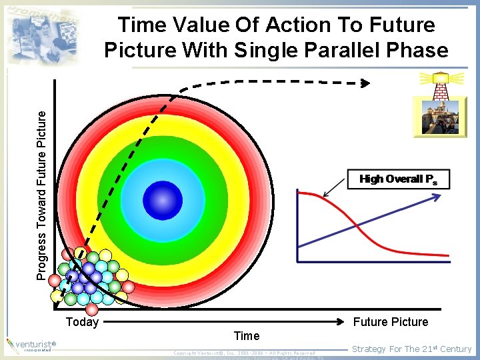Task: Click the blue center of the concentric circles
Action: (x=163, y=200)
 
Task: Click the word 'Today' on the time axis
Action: (x=83, y=323)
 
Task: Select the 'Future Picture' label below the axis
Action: (x=391, y=322)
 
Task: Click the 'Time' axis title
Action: (x=247, y=335)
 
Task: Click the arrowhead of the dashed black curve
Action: (x=365, y=83)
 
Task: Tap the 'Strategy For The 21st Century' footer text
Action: (x=411, y=349)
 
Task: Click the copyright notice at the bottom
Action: (x=244, y=353)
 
